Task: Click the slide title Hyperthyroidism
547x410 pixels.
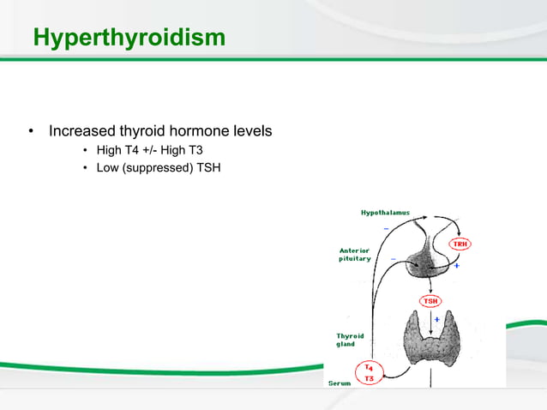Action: click(129, 39)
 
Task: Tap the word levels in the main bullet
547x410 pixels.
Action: click(252, 132)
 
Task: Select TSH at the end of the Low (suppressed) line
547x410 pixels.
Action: click(209, 167)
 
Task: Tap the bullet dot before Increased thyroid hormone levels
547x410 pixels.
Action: click(31, 132)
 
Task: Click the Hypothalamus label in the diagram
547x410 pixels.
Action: click(384, 212)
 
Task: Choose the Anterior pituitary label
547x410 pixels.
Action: click(355, 255)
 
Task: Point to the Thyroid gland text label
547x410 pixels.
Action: click(350, 341)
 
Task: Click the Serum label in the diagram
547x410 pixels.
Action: click(340, 384)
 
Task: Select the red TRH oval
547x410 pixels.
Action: click(461, 244)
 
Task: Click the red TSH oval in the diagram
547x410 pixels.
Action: click(430, 301)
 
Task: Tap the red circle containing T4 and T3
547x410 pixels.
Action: click(369, 372)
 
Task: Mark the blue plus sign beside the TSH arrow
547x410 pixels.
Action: click(437, 319)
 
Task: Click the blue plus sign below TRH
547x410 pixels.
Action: click(457, 266)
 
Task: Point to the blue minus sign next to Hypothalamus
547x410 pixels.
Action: click(386, 227)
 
